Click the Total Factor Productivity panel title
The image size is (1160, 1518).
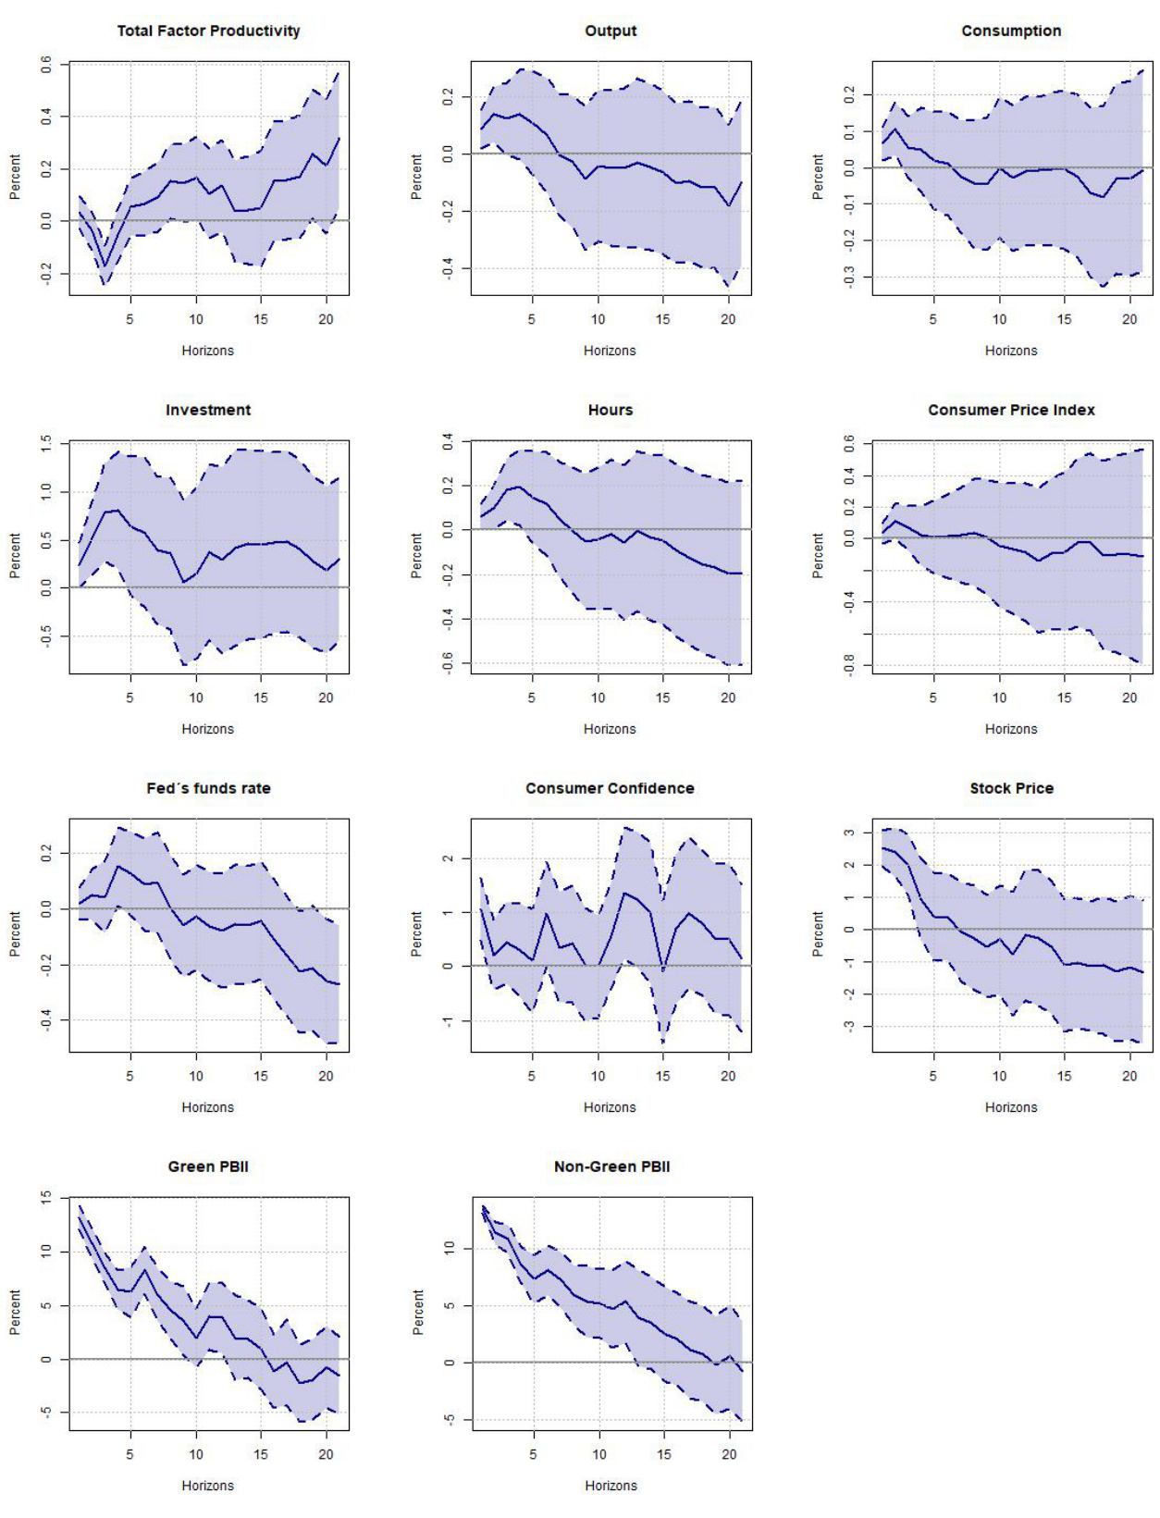pos(208,31)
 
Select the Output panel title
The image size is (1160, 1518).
pos(611,31)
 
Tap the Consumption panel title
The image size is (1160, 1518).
pos(1011,31)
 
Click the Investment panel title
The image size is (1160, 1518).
pos(208,410)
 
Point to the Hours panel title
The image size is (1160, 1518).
pos(611,410)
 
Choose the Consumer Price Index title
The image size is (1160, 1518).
pos(1011,410)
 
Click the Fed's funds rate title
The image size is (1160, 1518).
pos(208,788)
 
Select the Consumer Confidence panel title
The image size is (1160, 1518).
pos(610,788)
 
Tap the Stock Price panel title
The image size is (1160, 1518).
pos(1011,788)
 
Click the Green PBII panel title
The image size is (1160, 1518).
pos(208,1166)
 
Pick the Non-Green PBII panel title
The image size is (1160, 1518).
pos(611,1166)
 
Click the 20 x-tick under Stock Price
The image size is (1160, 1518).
pos(1129,1076)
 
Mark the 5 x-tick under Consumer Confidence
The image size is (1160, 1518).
pos(532,1076)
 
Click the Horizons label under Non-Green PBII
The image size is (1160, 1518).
pos(611,1486)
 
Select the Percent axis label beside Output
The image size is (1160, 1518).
pos(416,177)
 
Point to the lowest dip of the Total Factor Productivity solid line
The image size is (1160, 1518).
pos(105,266)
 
